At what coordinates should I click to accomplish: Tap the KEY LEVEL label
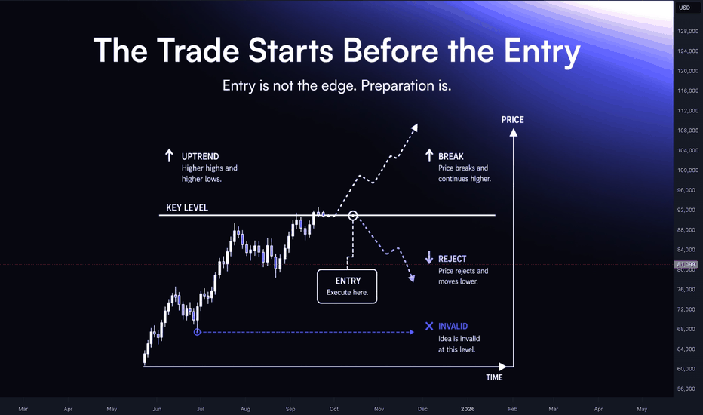(x=187, y=207)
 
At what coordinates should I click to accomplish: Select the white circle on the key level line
(x=353, y=216)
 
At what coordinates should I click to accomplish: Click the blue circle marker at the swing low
(x=198, y=332)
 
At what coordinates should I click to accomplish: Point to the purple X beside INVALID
(x=429, y=326)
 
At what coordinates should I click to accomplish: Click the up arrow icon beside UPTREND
(x=169, y=155)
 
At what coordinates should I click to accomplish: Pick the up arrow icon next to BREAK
(x=429, y=155)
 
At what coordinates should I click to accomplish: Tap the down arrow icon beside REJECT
(x=429, y=257)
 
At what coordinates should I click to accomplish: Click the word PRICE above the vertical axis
(x=512, y=120)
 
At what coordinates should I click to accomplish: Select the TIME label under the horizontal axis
(x=494, y=377)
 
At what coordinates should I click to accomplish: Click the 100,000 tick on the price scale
(x=688, y=170)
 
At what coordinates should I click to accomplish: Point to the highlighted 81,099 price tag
(x=686, y=264)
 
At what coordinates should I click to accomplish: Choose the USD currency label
(x=684, y=8)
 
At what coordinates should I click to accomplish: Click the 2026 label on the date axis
(x=468, y=409)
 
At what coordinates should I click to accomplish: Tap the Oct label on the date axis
(x=334, y=409)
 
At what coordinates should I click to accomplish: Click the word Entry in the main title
(x=542, y=51)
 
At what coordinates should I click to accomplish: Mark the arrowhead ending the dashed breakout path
(x=415, y=128)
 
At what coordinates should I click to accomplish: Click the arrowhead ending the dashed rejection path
(x=412, y=278)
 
